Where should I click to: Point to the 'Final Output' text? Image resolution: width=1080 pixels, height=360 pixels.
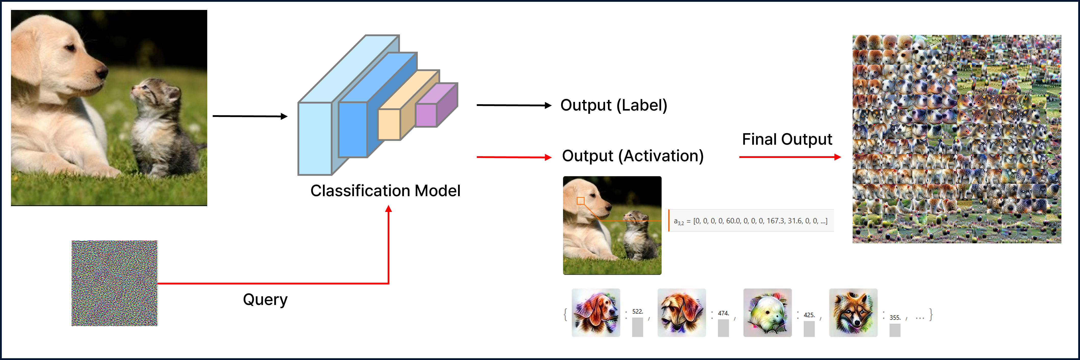pyautogui.click(x=787, y=139)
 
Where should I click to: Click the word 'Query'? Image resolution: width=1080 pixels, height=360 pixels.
pyautogui.click(x=265, y=299)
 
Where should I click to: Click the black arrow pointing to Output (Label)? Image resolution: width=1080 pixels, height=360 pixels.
pyautogui.click(x=514, y=105)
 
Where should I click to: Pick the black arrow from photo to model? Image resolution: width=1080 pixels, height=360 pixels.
pyautogui.click(x=250, y=116)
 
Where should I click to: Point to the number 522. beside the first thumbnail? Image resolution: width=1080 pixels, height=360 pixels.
pyautogui.click(x=637, y=311)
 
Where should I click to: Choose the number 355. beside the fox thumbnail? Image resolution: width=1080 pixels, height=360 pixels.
pyautogui.click(x=895, y=318)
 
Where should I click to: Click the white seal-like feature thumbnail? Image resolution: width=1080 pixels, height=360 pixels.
pyautogui.click(x=767, y=313)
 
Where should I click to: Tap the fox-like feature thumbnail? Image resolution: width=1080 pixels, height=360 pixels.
pyautogui.click(x=853, y=313)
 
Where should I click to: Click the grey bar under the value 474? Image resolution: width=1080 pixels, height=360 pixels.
pyautogui.click(x=723, y=328)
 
